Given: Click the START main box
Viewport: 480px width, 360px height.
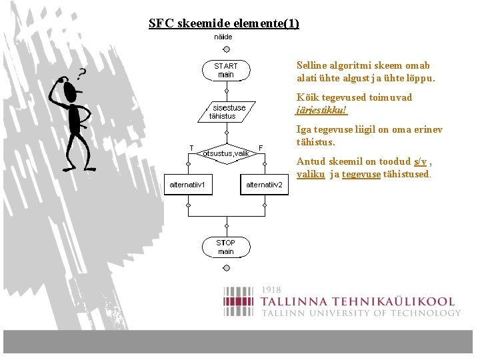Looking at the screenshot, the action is click(226, 70).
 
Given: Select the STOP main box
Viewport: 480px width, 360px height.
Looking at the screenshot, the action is click(226, 247).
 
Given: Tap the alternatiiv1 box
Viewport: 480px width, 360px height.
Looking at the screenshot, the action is click(189, 185).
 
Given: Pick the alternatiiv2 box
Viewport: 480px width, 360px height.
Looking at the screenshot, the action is click(264, 185).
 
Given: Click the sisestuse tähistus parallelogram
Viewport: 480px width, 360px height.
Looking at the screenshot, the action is click(227, 111).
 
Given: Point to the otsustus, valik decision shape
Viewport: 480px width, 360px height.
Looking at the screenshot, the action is click(226, 153).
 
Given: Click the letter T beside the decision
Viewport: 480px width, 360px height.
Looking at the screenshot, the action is click(191, 147).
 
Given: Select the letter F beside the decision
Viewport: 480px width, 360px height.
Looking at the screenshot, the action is click(261, 147).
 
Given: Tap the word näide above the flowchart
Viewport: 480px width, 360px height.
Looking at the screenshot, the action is click(223, 37).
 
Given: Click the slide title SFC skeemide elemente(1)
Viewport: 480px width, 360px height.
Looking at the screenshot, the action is click(224, 23).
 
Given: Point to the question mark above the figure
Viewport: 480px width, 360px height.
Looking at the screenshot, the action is click(82, 73).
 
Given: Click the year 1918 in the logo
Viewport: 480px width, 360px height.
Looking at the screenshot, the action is click(271, 290).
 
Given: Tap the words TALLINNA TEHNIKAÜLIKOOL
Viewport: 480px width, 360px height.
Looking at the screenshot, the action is click(357, 302).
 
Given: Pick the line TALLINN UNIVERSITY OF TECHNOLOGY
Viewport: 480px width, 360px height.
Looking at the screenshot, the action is click(360, 313).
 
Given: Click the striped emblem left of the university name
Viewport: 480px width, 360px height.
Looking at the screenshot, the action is click(239, 301).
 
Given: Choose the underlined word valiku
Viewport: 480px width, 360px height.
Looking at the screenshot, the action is click(311, 174).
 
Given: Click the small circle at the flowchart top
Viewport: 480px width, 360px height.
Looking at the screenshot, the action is click(226, 49).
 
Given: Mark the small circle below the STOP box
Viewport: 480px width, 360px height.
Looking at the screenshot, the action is click(226, 268).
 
